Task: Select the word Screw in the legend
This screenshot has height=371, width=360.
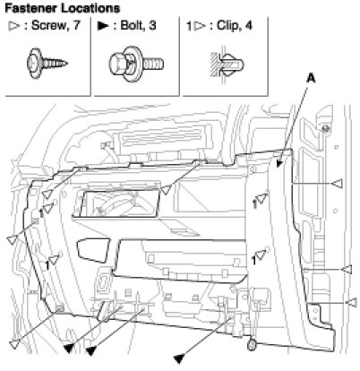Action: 48,25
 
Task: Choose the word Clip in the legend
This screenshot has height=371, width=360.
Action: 228,25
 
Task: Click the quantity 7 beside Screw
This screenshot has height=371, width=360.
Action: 77,25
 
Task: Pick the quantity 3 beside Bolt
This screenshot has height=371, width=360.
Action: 152,25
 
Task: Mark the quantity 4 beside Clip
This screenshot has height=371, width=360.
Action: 248,25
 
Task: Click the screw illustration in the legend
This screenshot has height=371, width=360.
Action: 47,63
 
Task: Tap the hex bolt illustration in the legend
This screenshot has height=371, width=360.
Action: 136,64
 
